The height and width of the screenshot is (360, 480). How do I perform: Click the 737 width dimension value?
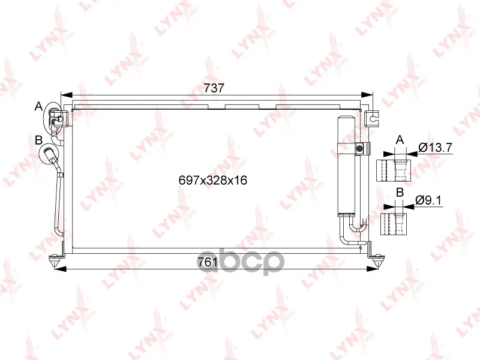tap(214, 88)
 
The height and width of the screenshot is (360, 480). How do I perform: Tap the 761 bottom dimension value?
tap(208, 262)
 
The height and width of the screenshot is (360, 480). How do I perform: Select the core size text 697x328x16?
tap(213, 181)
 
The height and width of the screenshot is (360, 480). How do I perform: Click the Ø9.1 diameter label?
tap(428, 200)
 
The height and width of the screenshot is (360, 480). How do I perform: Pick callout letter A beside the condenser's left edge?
tap(38, 106)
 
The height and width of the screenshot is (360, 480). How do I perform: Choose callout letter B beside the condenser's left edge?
tap(38, 140)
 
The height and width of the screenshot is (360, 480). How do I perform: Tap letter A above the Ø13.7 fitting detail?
tap(400, 140)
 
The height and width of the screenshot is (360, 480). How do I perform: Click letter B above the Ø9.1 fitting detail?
tap(400, 193)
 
